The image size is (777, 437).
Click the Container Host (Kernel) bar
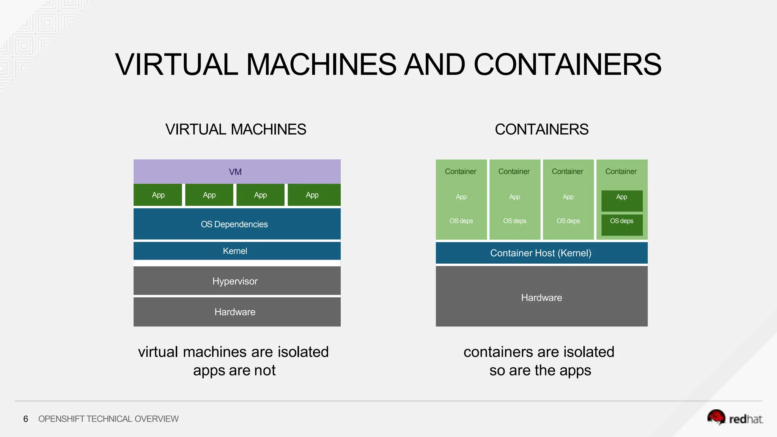[x=541, y=253]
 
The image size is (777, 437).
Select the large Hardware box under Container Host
[x=541, y=297]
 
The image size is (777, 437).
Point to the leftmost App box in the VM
[x=158, y=195]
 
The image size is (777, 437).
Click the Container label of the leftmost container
[x=461, y=171]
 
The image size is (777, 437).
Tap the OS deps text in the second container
[x=514, y=221]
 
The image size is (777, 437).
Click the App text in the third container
[x=568, y=197]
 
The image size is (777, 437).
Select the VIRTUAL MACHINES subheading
[x=236, y=129]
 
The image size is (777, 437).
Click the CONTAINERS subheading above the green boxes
[x=541, y=129]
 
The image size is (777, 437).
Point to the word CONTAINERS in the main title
[x=567, y=64]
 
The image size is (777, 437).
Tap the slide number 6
[x=25, y=419]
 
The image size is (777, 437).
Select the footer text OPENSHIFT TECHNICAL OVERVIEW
[x=108, y=419]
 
